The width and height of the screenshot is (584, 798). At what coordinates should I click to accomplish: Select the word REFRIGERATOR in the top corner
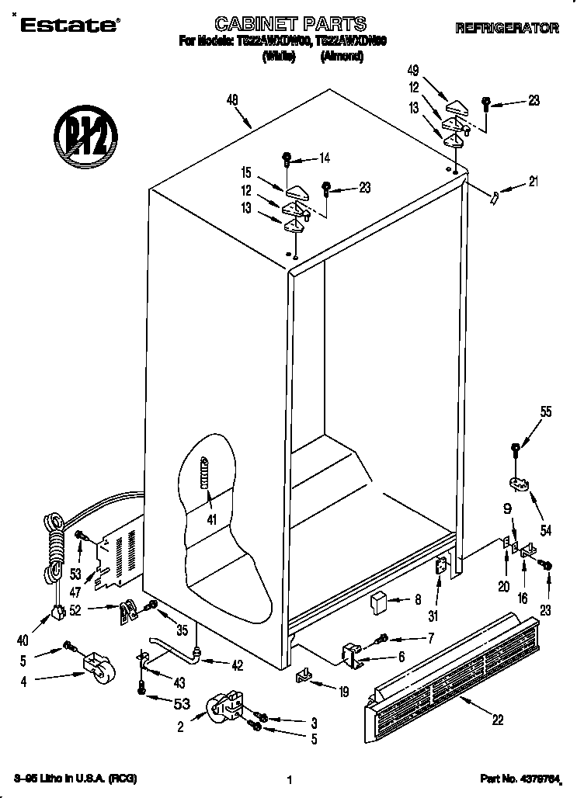[506, 29]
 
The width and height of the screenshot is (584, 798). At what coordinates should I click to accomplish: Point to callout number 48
[231, 99]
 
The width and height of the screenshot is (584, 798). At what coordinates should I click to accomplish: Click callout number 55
[546, 412]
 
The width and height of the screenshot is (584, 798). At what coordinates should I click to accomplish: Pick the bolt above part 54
[516, 449]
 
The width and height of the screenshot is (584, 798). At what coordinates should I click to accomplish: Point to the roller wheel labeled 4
[94, 668]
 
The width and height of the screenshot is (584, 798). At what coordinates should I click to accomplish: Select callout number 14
[324, 159]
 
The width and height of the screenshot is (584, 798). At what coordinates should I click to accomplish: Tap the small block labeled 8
[379, 602]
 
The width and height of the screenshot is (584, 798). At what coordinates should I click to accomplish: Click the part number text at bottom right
[533, 778]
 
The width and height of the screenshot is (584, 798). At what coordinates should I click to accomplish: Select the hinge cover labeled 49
[456, 104]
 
